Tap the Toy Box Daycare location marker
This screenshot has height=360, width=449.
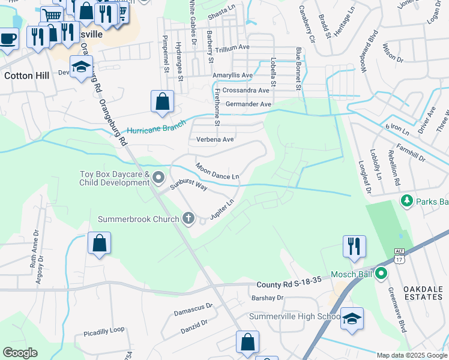(158, 177)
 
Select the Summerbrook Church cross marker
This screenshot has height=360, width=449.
(188, 218)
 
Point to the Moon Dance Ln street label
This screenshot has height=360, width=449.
(217, 171)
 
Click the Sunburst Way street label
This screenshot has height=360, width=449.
(188, 184)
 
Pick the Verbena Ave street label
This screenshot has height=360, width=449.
(215, 139)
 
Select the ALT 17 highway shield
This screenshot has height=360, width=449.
(399, 257)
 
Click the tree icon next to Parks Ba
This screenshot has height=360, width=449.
(406, 200)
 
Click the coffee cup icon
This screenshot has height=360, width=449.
(8, 38)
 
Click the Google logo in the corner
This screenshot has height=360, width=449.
(20, 353)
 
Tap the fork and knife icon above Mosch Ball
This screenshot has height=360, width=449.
(354, 245)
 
